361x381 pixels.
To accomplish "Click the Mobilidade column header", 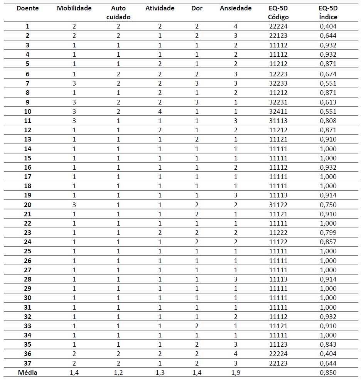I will [x=74, y=8].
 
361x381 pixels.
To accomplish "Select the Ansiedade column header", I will [x=235, y=8].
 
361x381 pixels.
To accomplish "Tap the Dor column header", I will [x=197, y=8].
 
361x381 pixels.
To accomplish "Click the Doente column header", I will [x=28, y=8].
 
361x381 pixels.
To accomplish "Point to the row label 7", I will [x=28, y=83].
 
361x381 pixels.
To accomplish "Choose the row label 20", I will [x=28, y=205].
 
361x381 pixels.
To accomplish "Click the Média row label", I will [x=28, y=373].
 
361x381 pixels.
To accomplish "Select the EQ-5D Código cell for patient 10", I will [x=278, y=111].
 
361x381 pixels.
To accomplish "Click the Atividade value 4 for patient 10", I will [x=160, y=111].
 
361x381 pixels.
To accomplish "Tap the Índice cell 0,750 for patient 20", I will [x=328, y=205].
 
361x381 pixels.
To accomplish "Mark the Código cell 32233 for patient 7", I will [x=278, y=83].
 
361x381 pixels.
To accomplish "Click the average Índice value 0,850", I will [x=328, y=373].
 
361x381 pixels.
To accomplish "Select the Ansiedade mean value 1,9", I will [x=235, y=373].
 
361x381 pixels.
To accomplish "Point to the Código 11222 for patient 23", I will [x=278, y=233].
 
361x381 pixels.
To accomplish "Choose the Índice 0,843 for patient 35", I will [x=328, y=344].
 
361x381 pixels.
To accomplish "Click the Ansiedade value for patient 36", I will [x=235, y=354].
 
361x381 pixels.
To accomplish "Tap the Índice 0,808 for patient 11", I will [x=328, y=121].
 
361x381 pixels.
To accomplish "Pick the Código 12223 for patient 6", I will [x=278, y=74].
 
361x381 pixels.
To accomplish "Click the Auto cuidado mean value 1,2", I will [x=118, y=373].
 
